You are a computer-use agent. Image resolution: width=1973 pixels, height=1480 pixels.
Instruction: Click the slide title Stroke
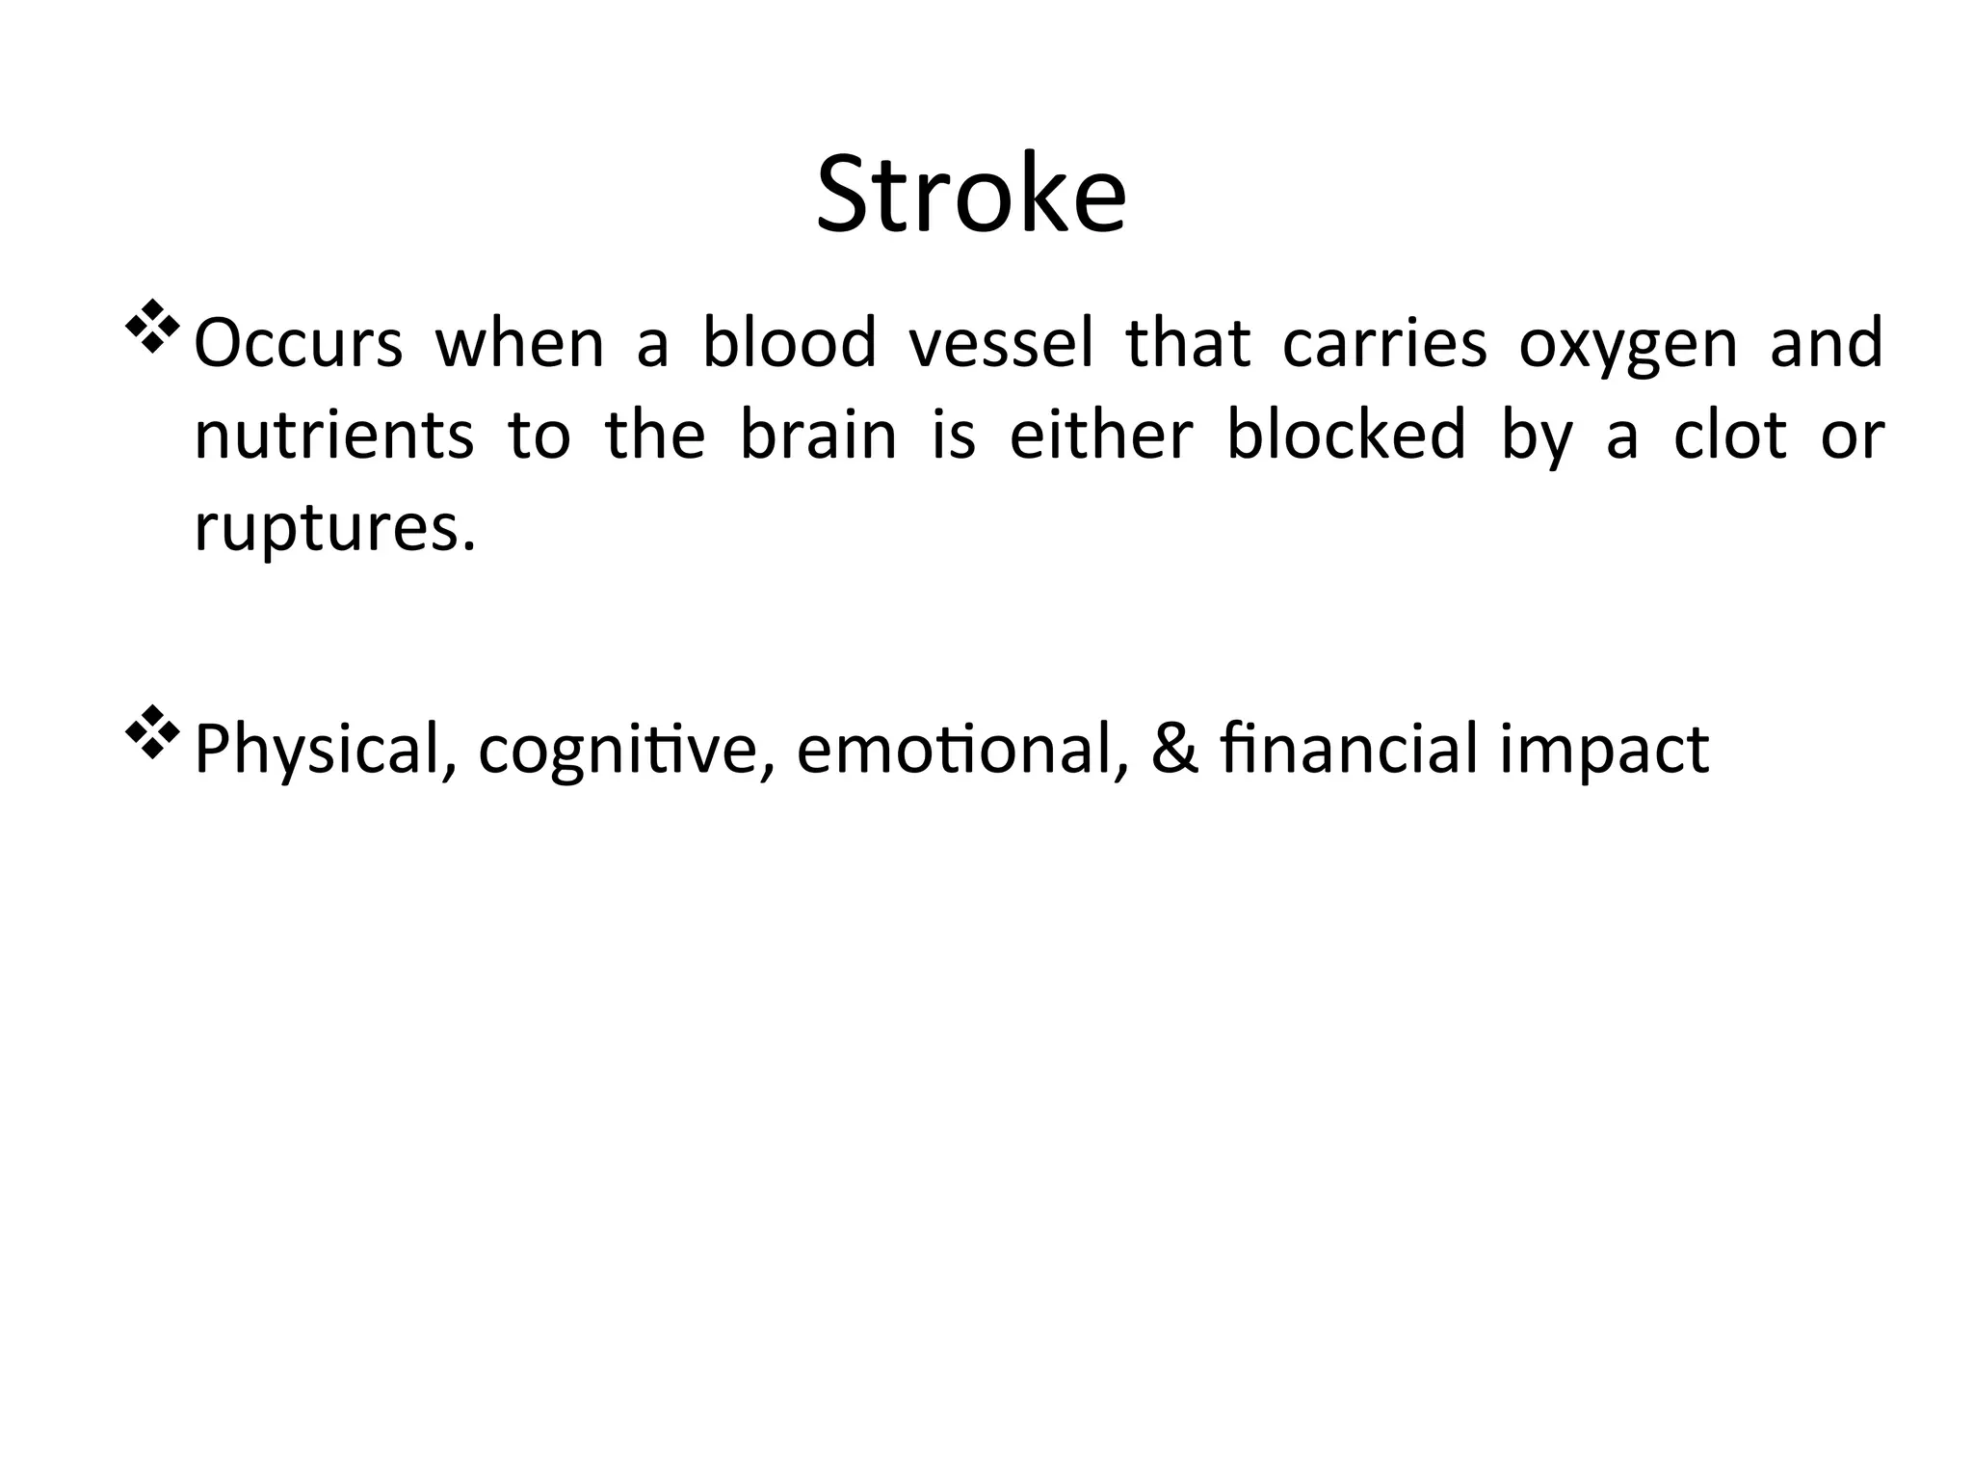click(971, 195)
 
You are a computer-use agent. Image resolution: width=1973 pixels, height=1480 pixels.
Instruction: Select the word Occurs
click(298, 343)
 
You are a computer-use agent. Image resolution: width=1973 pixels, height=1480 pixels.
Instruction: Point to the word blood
click(789, 343)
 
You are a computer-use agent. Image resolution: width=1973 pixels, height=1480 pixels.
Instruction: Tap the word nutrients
click(334, 436)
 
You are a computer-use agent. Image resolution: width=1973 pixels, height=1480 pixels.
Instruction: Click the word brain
click(818, 436)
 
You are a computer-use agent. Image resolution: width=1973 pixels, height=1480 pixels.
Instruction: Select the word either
click(1101, 436)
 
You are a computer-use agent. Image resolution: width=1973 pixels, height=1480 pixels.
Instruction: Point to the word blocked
click(1346, 436)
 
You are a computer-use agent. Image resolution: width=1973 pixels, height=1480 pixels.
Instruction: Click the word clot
click(1730, 436)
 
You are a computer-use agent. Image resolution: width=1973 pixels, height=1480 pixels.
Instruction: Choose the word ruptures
click(334, 528)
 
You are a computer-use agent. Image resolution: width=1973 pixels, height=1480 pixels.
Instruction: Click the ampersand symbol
click(1174, 750)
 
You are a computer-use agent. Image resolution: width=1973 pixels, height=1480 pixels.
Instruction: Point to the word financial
click(1348, 750)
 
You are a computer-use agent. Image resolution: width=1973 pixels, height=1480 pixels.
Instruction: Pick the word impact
click(1604, 750)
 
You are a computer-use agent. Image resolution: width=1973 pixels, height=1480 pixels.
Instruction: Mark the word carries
click(1384, 343)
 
